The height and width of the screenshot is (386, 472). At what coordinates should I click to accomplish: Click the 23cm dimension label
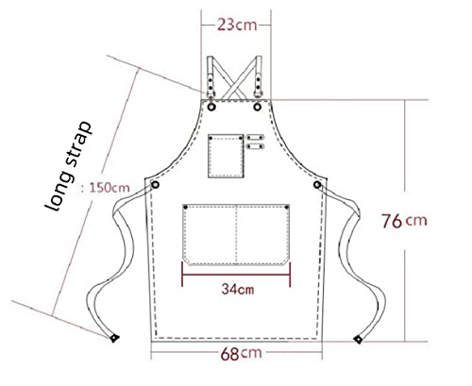click(x=237, y=25)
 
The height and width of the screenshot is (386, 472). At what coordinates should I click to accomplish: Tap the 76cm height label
click(x=404, y=221)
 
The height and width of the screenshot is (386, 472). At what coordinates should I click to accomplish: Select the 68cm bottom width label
click(x=241, y=353)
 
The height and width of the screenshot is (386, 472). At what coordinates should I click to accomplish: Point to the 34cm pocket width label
click(x=238, y=289)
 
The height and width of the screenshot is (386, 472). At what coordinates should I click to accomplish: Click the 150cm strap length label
click(x=106, y=188)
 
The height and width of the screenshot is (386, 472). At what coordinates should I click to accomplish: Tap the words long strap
click(x=68, y=166)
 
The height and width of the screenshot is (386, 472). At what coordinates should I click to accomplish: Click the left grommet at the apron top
click(x=211, y=107)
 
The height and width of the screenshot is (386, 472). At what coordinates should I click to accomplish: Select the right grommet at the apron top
click(x=258, y=107)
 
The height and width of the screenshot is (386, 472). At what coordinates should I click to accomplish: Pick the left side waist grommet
click(x=155, y=185)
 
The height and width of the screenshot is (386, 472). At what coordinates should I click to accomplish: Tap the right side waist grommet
click(x=317, y=185)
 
